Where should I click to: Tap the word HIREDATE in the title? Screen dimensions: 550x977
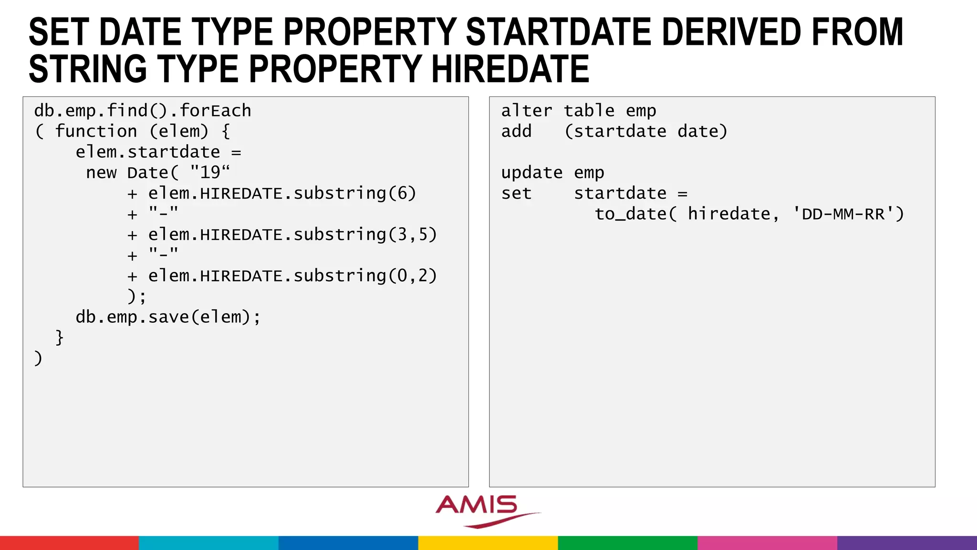[x=510, y=69]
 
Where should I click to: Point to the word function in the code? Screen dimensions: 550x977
[x=96, y=131]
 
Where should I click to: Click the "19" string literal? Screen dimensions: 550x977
[x=210, y=172]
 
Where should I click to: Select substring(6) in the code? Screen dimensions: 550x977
[x=354, y=193]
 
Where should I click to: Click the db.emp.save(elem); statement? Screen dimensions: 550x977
[x=168, y=317]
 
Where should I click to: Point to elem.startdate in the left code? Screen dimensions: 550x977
[x=148, y=152]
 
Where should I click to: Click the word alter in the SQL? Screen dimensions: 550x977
[x=526, y=111]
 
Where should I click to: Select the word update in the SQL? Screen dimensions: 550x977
[x=531, y=172]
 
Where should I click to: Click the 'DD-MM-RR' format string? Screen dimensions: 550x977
[x=842, y=214]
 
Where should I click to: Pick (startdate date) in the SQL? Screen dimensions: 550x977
[x=646, y=131]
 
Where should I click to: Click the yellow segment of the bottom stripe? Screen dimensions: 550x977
[x=488, y=543]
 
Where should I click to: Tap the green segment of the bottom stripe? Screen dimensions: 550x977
[x=627, y=543]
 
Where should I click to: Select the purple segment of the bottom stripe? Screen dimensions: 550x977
[x=907, y=543]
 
